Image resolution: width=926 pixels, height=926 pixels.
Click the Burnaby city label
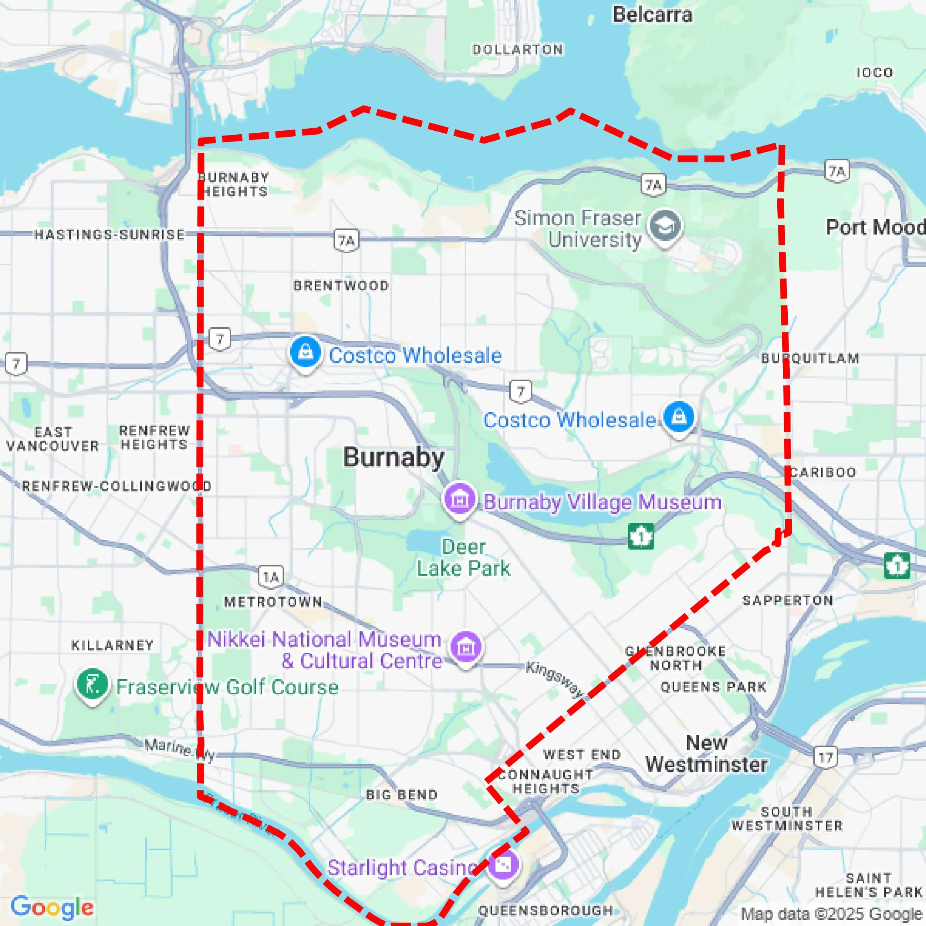point(394,458)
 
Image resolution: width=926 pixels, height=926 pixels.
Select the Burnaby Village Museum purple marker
point(459,499)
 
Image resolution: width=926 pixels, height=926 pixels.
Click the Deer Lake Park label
point(463,558)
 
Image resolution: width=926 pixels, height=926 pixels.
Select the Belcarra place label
point(652,14)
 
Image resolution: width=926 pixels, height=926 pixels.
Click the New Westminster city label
point(706,754)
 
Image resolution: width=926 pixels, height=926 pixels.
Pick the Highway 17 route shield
point(825,758)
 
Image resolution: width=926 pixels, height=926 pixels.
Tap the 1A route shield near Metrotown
point(271,576)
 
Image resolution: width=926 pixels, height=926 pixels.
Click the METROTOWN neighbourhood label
point(273,602)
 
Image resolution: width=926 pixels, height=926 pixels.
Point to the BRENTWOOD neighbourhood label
point(341,286)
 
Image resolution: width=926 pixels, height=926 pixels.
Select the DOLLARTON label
point(518,49)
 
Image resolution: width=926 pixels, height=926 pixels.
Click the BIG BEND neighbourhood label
point(402,795)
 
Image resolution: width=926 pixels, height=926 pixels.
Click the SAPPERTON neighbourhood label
point(787,600)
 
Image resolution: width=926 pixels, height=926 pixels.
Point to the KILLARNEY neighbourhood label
point(113,645)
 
